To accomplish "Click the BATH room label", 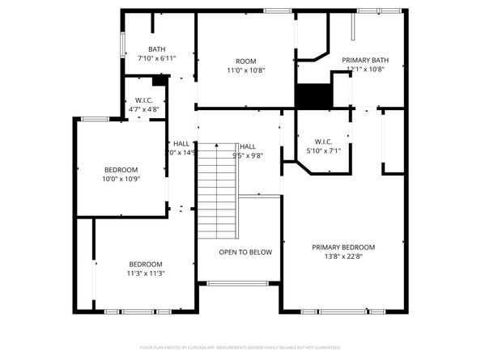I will coord(156,49).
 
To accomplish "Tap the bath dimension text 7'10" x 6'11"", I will coord(156,58).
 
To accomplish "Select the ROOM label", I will coord(245,61).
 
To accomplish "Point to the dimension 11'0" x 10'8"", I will coord(245,70).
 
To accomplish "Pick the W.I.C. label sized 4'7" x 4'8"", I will coord(144,100).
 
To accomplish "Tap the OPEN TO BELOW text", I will coord(245,252).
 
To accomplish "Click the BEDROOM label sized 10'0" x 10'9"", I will coord(121,169).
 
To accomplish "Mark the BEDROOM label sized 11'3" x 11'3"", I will coord(146,265).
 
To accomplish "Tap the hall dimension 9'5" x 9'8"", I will coord(248,155).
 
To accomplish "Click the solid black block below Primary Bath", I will coord(313,95).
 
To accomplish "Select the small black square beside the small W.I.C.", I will coord(159,80).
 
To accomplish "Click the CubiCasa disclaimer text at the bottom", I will coord(240,347).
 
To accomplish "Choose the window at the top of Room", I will coord(278,11).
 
